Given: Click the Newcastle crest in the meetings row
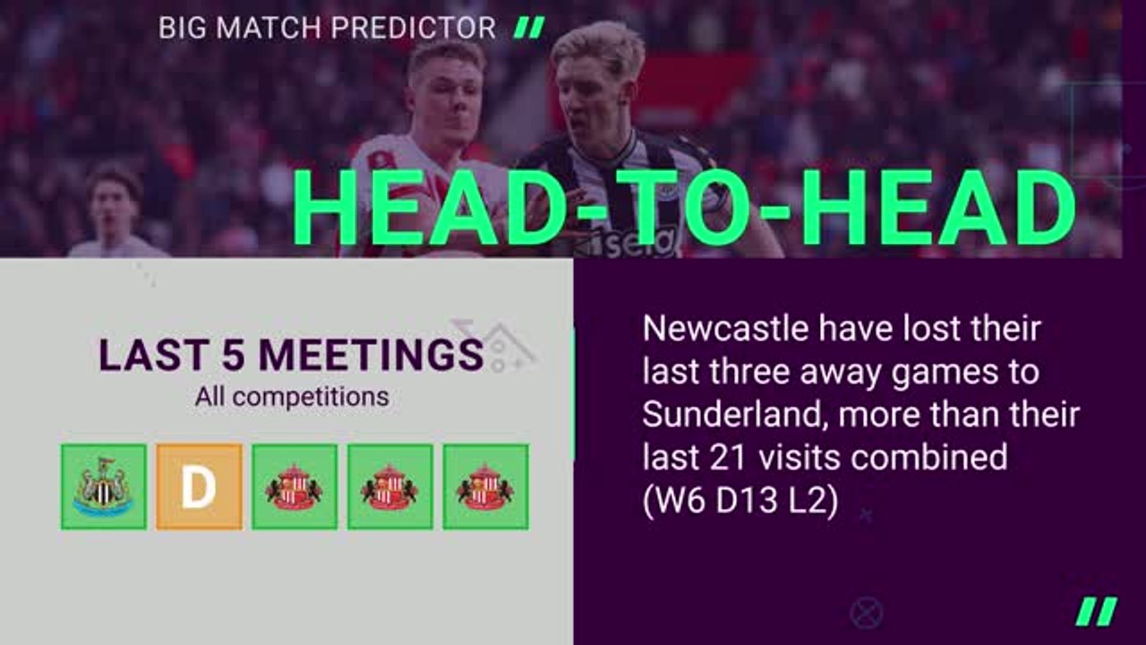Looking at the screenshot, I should point(104,486).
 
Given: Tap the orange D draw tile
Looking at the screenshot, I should point(199,486).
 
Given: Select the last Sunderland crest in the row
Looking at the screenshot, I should point(485,486).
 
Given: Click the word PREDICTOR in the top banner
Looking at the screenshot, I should point(413,28).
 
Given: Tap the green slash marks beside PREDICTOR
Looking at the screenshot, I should point(530,28).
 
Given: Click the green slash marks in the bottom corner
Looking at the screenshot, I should point(1097,611).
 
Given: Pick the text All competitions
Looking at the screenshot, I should point(292,397).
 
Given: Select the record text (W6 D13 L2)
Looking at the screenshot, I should point(740,502).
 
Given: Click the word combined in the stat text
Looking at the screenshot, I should point(929,458).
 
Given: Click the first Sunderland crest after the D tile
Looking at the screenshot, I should point(295,486).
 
